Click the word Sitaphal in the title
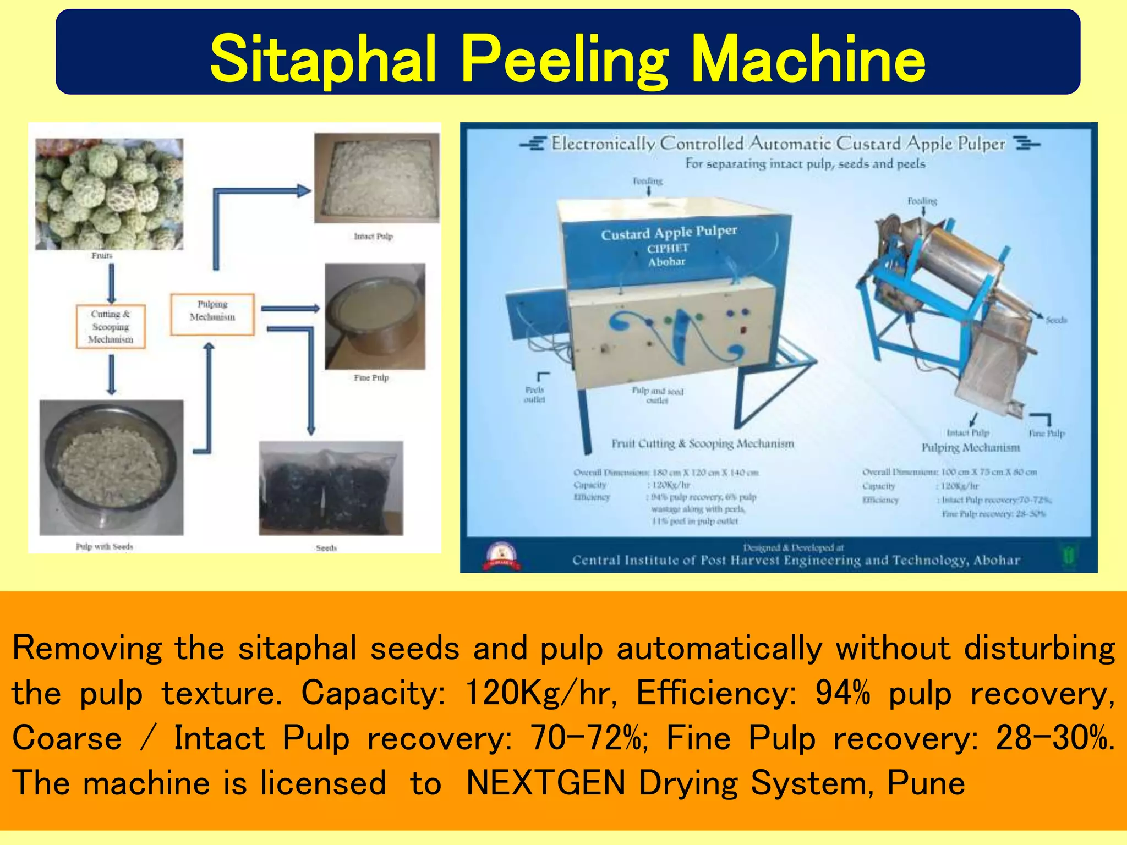click(323, 58)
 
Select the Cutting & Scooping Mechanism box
click(111, 326)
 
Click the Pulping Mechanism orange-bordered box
click(212, 314)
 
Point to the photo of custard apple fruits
click(109, 194)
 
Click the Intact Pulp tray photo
click(377, 178)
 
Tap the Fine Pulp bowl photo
click(375, 316)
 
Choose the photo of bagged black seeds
click(331, 488)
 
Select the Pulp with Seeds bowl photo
click(111, 467)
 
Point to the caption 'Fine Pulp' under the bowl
click(371, 378)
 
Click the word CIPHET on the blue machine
click(668, 249)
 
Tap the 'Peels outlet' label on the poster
click(534, 394)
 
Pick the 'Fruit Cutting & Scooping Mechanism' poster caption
click(703, 443)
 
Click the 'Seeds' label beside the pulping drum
click(1056, 320)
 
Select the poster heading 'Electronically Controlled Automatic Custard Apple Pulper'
click(778, 144)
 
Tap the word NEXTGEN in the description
click(545, 783)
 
